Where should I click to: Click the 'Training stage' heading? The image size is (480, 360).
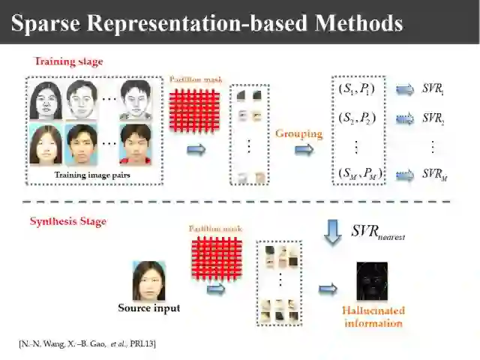point(69,61)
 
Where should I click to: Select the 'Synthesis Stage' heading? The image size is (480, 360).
point(67,221)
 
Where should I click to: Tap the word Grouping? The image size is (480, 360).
point(298,134)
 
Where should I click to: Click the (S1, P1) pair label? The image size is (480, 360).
point(357,90)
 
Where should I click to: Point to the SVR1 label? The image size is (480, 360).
point(433,90)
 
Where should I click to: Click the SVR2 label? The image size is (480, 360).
point(433,118)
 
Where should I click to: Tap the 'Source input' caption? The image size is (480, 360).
point(149,307)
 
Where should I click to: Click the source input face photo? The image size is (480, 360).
point(148,280)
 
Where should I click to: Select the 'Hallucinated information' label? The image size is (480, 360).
point(374,316)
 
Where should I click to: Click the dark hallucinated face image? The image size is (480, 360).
point(372,281)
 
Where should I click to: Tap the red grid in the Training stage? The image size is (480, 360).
point(193,110)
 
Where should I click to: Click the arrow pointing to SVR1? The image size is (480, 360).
point(405,90)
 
